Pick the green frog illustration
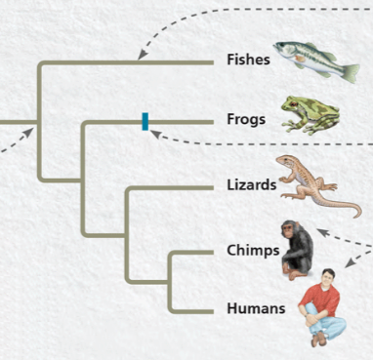tap(310, 114)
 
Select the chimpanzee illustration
tap(297, 248)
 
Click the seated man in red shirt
tap(321, 304)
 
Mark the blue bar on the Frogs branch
tap(145, 121)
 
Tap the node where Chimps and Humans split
tap(171, 281)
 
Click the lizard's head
tap(282, 160)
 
